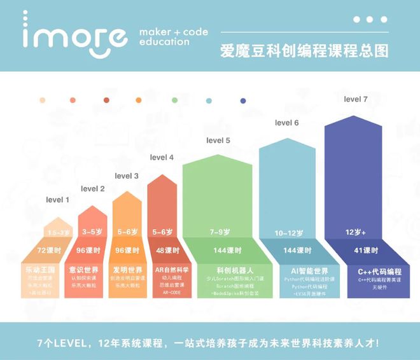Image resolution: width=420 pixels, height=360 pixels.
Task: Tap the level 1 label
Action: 58,200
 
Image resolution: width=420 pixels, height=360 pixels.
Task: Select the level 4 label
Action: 162,157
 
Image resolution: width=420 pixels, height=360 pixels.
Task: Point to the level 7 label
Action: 356,99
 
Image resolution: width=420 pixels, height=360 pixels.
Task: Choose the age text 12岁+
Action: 356,233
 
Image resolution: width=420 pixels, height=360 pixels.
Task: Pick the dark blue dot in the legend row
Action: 243,100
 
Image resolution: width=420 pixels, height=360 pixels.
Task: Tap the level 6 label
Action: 286,123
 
